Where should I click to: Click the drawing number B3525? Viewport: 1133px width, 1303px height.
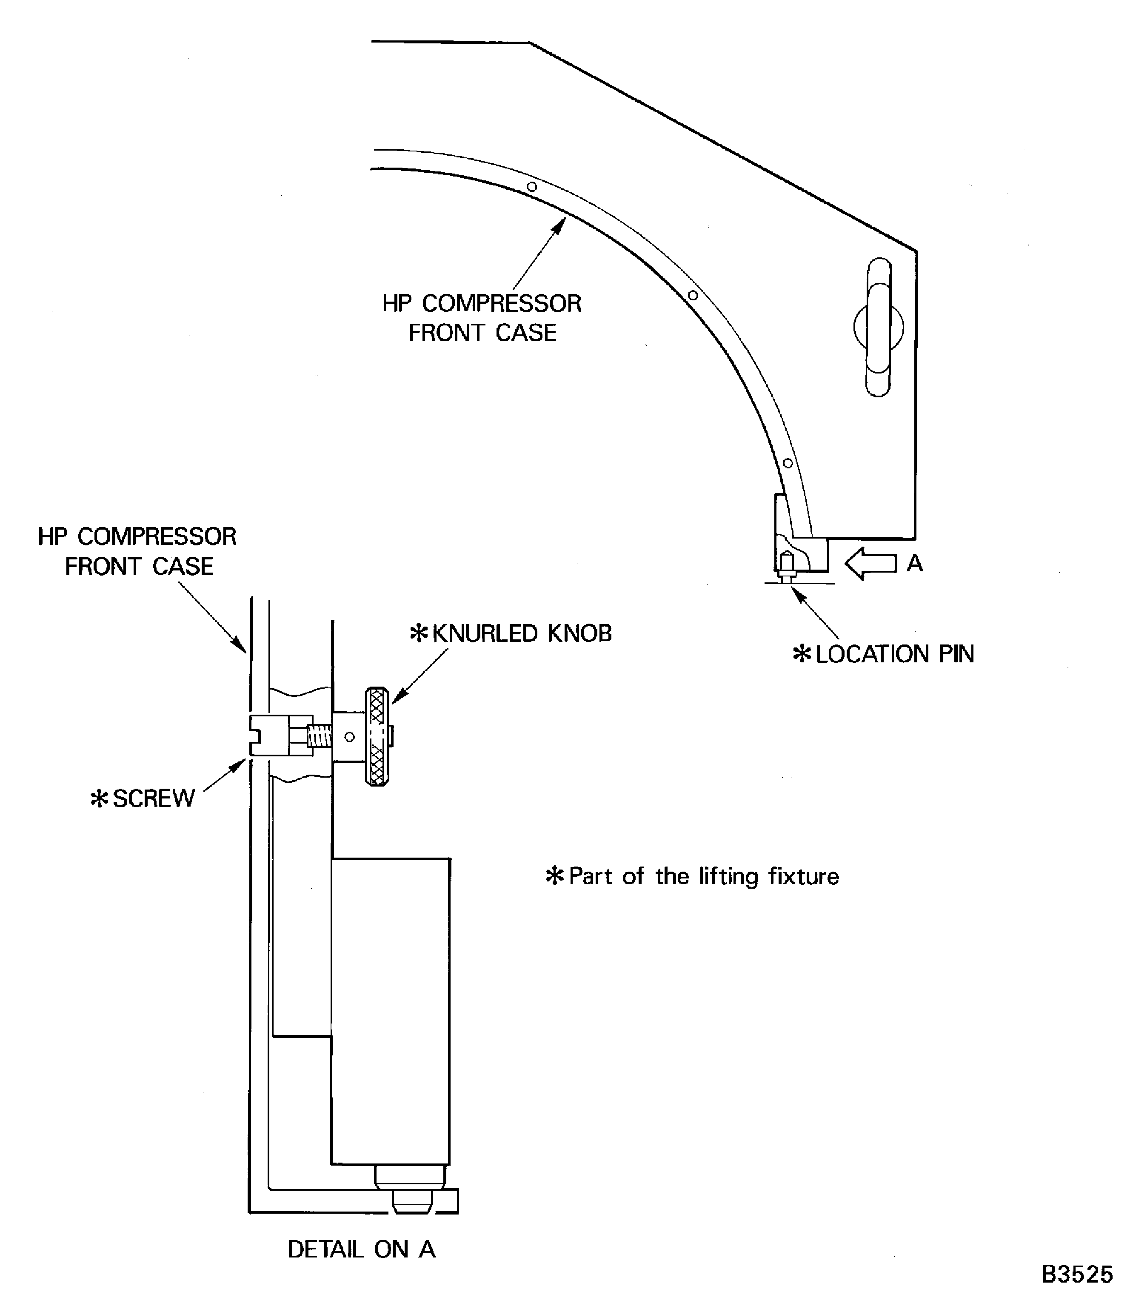click(x=1077, y=1274)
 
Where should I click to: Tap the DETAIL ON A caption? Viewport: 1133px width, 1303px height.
click(x=362, y=1249)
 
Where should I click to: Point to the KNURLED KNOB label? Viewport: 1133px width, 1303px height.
click(x=521, y=633)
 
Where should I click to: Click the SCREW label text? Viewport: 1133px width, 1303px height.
click(x=154, y=798)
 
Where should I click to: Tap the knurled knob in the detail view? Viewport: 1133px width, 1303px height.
click(x=377, y=736)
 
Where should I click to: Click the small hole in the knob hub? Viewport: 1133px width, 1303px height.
click(x=349, y=736)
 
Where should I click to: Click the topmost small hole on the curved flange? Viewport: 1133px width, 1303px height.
click(x=532, y=186)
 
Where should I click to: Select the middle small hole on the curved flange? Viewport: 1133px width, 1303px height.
click(x=693, y=295)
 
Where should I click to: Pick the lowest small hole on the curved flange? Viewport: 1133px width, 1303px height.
click(x=788, y=463)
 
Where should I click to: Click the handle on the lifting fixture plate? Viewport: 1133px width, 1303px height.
click(x=878, y=327)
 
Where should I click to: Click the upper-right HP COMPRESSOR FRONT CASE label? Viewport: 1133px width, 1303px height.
click(x=482, y=318)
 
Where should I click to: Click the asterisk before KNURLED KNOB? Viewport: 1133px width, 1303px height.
click(x=419, y=633)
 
